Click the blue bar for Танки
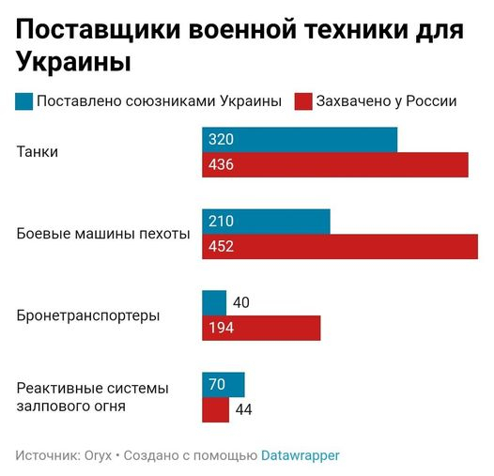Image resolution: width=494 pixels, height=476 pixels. [x=299, y=140]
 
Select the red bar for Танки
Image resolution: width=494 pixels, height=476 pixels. [x=334, y=165]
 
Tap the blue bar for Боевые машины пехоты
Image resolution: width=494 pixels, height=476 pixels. [x=266, y=222]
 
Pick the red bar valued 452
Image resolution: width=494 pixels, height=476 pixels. [x=340, y=247]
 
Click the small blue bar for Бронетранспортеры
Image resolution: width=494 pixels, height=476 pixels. [x=214, y=302]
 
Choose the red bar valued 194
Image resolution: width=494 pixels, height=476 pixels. [x=261, y=328]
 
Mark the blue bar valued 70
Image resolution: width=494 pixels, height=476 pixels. [x=224, y=384]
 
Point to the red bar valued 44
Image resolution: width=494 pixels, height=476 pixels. [x=215, y=409]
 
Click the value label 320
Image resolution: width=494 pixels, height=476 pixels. [x=221, y=140]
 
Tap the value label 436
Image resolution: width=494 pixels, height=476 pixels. [x=221, y=165]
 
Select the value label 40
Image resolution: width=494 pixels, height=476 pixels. [x=240, y=302]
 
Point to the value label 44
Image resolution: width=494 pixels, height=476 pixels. [x=243, y=409]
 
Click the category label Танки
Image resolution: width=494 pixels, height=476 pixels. [x=38, y=152]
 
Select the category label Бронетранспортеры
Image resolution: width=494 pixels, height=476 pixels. [x=88, y=315]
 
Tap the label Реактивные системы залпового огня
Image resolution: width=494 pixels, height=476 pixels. [x=92, y=397]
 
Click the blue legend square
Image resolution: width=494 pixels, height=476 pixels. [x=23, y=101]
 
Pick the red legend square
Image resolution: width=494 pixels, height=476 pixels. [x=303, y=101]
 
